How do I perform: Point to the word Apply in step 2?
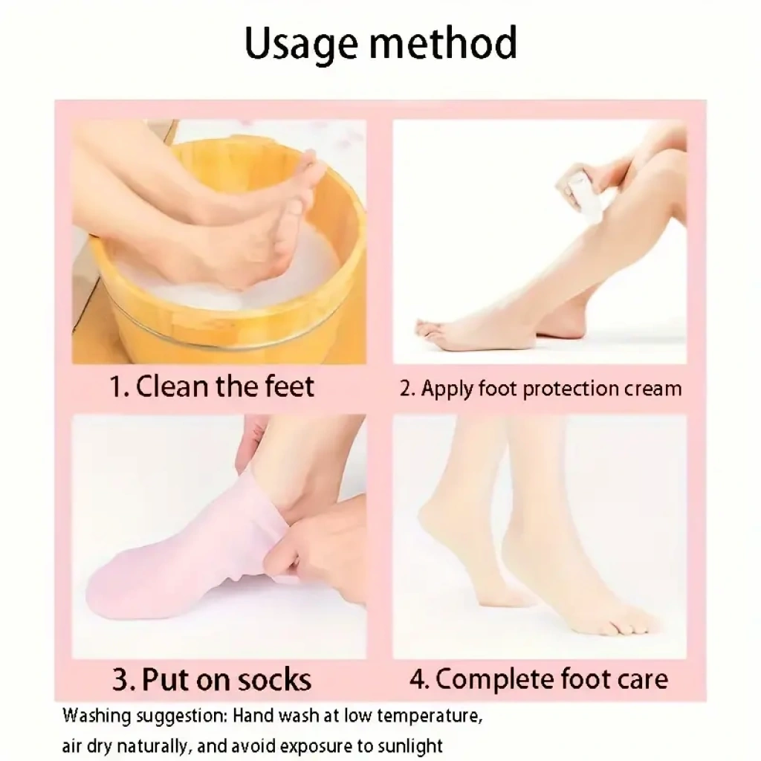(x=447, y=389)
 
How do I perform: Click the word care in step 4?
(x=643, y=679)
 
